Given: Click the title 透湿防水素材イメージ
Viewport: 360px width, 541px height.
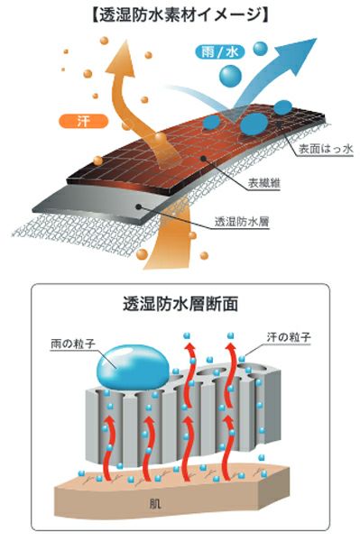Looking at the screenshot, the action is coord(180,15).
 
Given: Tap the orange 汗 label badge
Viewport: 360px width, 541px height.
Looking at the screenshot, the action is coord(83,121).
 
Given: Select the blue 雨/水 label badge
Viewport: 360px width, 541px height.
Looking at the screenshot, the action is coord(220,52).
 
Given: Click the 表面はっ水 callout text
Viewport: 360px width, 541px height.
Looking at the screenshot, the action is coord(326,149).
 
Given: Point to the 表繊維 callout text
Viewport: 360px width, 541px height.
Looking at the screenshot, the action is coord(264,183).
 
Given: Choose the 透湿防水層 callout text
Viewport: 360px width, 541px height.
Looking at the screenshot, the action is coord(242,221).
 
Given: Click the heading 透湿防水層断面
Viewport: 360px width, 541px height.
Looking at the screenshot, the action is coord(180,304).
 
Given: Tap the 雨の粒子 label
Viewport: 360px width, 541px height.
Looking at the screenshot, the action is coord(73,344).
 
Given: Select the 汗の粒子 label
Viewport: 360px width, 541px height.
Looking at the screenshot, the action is coord(289,336).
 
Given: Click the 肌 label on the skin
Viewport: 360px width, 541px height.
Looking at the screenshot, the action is coord(155,504).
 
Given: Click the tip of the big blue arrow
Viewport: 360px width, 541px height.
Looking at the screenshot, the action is coord(316,39).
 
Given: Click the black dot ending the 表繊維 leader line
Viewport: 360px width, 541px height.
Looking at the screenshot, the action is coord(204,159).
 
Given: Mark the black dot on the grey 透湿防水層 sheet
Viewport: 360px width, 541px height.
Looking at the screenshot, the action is coord(139,206).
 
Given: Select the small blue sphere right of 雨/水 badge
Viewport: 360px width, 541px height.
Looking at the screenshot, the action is coord(260,49).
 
